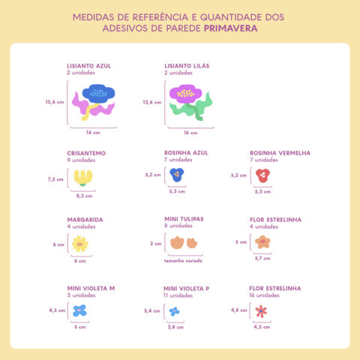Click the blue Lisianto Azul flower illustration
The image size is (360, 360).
click(97, 94)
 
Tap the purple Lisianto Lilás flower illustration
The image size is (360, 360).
click(186, 94)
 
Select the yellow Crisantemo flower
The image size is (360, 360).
click(81, 178)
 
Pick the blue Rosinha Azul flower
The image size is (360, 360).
click(177, 175)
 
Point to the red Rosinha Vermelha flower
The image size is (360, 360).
click(262, 175)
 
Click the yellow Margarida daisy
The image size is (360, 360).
click(79, 244)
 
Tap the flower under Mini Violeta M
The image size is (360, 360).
click(79, 310)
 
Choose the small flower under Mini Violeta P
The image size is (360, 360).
click(174, 310)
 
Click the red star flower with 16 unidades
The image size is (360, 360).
click(261, 310)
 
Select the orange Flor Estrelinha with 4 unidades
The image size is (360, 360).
click(262, 242)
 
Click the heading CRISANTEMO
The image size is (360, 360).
click(86, 153)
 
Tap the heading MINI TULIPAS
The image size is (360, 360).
click(184, 219)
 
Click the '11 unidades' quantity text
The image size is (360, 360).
click(178, 295)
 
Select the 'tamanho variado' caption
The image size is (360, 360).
click(184, 260)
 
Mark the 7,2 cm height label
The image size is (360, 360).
click(55, 179)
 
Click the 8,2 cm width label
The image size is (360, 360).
click(84, 196)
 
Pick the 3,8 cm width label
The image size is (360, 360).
click(175, 327)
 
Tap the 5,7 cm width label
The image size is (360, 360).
click(262, 258)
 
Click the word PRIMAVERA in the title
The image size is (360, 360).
click(235, 28)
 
